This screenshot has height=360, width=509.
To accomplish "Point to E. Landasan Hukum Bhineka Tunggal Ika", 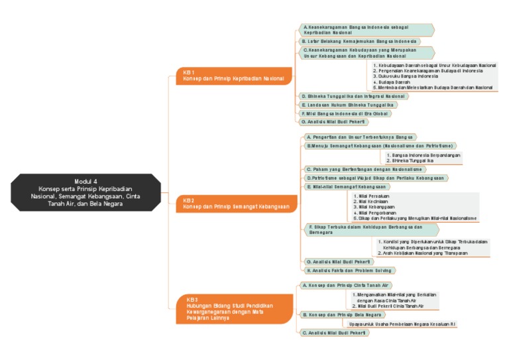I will click(348, 105).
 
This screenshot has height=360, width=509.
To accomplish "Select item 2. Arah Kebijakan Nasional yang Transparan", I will click(424, 253).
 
